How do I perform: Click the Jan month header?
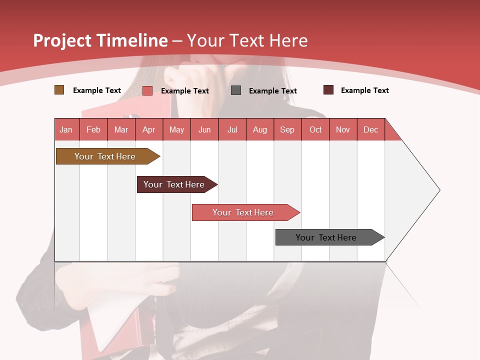click(66, 129)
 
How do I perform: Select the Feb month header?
click(93, 129)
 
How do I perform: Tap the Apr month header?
click(148, 129)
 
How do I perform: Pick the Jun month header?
click(204, 129)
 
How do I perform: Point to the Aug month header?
click(259, 129)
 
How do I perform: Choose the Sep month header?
click(287, 129)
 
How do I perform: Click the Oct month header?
click(315, 129)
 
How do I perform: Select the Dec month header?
click(370, 129)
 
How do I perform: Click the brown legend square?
click(59, 90)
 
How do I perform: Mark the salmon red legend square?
click(147, 90)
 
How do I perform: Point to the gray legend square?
click(236, 90)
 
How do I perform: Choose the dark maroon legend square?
click(328, 90)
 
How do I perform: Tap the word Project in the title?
click(62, 40)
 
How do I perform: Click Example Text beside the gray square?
click(272, 90)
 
